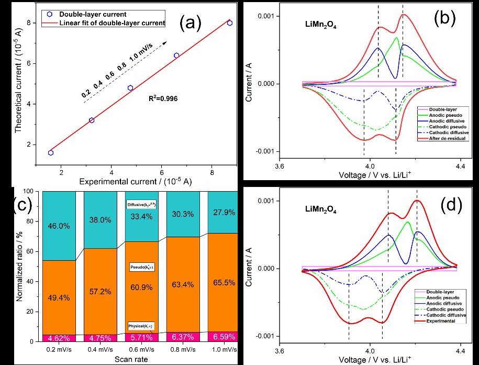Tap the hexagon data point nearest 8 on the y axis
tap(230, 23)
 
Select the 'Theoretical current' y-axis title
tap(19, 89)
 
